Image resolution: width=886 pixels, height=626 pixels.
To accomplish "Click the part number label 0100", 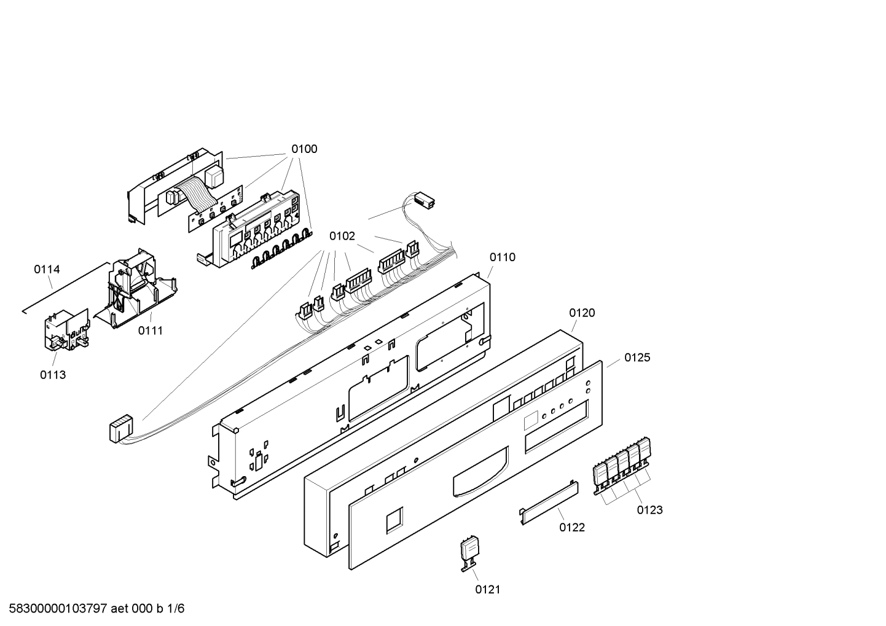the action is [x=304, y=149].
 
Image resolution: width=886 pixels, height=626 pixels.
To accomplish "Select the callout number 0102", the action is [x=342, y=236].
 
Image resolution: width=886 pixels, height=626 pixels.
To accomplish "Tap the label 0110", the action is [x=503, y=257].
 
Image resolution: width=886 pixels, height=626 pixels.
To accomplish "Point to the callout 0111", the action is [x=151, y=331].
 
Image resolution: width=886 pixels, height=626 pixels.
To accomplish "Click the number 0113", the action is [x=53, y=375].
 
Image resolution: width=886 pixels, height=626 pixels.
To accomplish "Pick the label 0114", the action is [x=47, y=270].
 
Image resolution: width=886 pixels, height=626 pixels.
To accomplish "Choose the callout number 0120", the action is [x=582, y=313].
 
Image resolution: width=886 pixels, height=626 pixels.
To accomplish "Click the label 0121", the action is [x=488, y=590].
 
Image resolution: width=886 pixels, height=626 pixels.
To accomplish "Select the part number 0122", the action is [x=572, y=528].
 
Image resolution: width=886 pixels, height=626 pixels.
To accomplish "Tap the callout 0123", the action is [x=649, y=510].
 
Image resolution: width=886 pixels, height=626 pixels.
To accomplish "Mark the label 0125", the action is [x=637, y=358].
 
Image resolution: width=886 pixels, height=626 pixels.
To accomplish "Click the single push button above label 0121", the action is [x=470, y=554].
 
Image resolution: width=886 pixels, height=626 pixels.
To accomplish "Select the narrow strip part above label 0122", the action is [x=549, y=503].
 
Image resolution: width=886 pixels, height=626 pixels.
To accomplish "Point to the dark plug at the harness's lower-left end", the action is [x=120, y=428].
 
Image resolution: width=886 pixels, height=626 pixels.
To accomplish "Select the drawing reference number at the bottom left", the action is [x=96, y=609].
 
